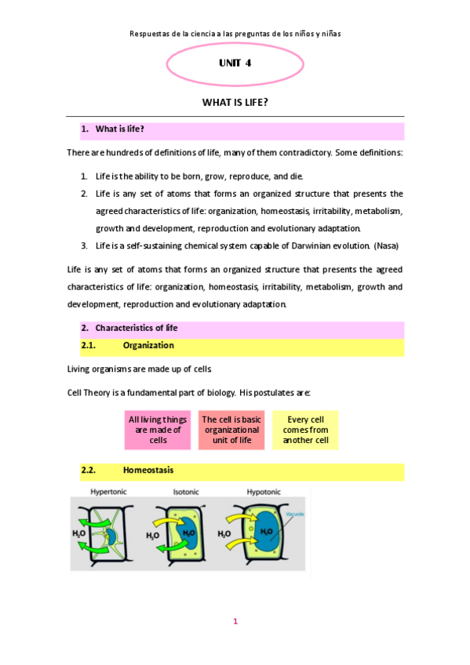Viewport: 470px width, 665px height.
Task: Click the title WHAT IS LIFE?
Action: pyautogui.click(x=235, y=102)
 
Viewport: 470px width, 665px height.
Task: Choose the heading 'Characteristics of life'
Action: pyautogui.click(x=137, y=328)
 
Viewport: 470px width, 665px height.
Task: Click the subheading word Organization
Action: pyautogui.click(x=148, y=345)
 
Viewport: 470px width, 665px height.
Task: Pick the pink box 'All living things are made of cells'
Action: pyautogui.click(x=158, y=430)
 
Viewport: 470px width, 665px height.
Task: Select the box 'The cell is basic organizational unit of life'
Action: pyautogui.click(x=231, y=430)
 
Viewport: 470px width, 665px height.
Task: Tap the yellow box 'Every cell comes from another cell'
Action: pyautogui.click(x=305, y=430)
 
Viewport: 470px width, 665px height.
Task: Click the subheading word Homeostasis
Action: pyautogui.click(x=148, y=471)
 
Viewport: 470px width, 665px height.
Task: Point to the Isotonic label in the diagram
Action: pyautogui.click(x=186, y=492)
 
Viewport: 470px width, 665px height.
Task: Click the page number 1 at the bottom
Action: pyautogui.click(x=235, y=622)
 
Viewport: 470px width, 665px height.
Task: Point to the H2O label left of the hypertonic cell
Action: pyautogui.click(x=79, y=533)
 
